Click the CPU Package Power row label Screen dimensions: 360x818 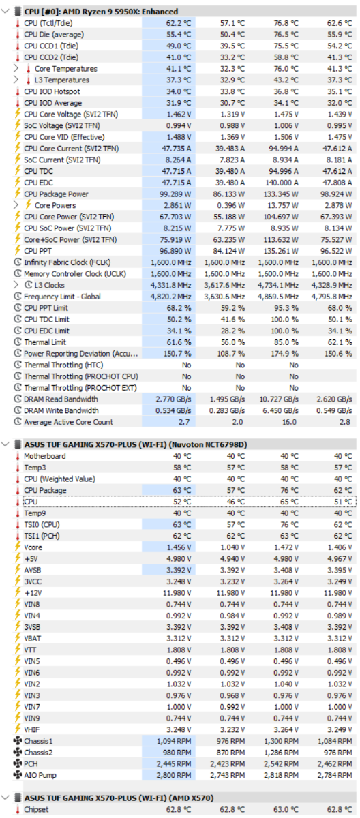pos(56,194)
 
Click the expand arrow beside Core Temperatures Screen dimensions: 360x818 pos(16,68)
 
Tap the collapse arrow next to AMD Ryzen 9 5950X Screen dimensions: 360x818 pos(5,12)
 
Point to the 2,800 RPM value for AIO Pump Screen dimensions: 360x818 pos(173,775)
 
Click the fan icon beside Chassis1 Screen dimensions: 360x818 pos(18,741)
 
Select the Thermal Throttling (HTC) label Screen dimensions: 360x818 pos(63,365)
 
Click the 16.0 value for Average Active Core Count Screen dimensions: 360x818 pos(289,422)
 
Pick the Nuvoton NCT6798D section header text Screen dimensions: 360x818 pos(136,444)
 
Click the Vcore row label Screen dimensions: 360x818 pos(33,547)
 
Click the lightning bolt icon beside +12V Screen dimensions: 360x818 pos(18,592)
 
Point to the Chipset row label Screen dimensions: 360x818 pos(36,809)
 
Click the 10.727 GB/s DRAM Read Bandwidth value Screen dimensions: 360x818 pos(279,399)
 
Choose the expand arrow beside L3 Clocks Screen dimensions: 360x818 pos(16,285)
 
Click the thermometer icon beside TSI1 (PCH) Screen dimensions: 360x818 pos(18,536)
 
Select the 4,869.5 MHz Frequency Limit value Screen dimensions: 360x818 pos(278,297)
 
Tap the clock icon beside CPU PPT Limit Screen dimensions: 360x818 pos(18,307)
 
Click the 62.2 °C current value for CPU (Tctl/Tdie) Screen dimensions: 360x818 pos(179,23)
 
